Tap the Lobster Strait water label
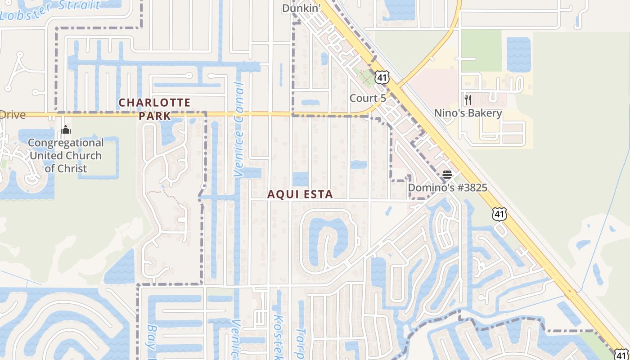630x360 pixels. [50, 10]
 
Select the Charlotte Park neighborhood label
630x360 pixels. [154, 109]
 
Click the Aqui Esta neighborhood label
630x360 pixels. [300, 194]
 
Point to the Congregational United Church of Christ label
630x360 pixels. [66, 156]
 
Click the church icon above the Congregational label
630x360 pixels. [66, 130]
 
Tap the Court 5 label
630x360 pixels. [368, 98]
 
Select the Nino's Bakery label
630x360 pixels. [468, 113]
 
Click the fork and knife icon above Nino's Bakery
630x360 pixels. [468, 99]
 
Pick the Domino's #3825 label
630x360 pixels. [447, 188]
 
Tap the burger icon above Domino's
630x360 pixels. [447, 174]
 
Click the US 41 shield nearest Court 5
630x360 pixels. [382, 77]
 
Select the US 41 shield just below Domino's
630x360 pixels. [499, 214]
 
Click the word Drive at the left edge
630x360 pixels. [13, 114]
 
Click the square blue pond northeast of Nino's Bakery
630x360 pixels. [518, 54]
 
